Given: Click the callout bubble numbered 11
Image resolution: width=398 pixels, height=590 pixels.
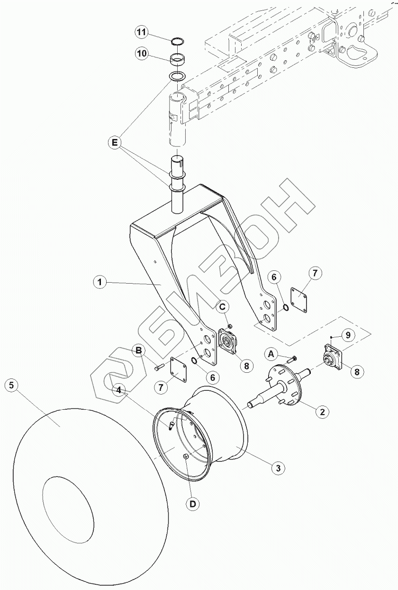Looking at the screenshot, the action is [143, 33].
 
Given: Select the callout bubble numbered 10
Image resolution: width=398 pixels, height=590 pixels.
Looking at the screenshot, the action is [143, 54].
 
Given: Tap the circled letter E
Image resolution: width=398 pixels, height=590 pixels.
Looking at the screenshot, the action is [115, 143].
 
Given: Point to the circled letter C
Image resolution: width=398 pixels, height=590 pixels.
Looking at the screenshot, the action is [223, 306].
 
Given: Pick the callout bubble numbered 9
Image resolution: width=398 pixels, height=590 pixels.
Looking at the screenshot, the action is [348, 335].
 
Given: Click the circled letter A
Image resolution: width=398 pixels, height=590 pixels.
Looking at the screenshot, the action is [271, 355].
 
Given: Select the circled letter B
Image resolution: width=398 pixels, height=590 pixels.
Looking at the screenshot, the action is [139, 350].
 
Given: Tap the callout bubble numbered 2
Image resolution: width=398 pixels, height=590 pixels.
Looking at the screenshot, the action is [322, 411].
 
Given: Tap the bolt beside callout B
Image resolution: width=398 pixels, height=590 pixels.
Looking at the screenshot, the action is [159, 367].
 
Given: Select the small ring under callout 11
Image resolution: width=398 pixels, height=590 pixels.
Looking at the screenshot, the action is [177, 42].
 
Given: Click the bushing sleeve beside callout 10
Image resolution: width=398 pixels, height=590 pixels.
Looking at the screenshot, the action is [177, 59].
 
